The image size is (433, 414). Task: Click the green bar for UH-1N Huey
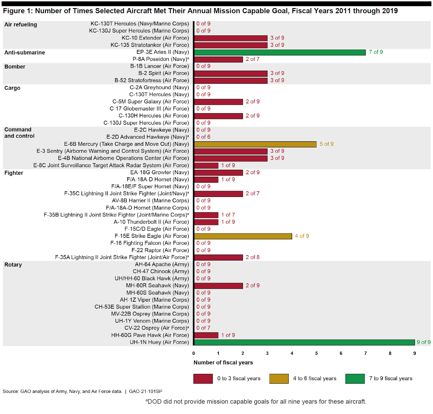pyautogui.click(x=304, y=342)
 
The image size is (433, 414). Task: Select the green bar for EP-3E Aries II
pyautogui.click(x=280, y=52)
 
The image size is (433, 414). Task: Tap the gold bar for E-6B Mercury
pyautogui.click(x=255, y=144)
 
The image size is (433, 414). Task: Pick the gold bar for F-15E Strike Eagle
pyautogui.click(x=243, y=236)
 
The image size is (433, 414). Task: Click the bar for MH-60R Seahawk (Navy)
pyautogui.click(x=218, y=286)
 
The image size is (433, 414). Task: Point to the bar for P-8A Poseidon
pyautogui.click(x=218, y=59)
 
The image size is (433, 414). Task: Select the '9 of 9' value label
pyautogui.click(x=423, y=342)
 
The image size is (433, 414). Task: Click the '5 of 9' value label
pyautogui.click(x=326, y=144)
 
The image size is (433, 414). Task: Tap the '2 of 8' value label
pyautogui.click(x=253, y=257)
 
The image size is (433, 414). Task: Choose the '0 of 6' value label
pyautogui.click(x=203, y=137)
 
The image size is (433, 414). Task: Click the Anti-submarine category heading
pyautogui.click(x=25, y=53)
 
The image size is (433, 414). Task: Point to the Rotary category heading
pyautogui.click(x=13, y=265)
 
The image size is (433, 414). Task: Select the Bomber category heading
pyautogui.click(x=15, y=67)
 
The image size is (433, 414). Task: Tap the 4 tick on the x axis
pyautogui.click(x=292, y=353)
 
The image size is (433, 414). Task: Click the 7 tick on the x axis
pyautogui.click(x=365, y=353)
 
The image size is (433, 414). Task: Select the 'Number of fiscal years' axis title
pyautogui.click(x=223, y=363)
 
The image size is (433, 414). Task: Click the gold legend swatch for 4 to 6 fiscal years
pyautogui.click(x=279, y=379)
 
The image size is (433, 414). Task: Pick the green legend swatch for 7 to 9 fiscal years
pyautogui.click(x=355, y=379)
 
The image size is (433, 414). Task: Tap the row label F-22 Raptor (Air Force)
pyautogui.click(x=160, y=250)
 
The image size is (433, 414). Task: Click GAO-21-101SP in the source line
pyautogui.click(x=145, y=391)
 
